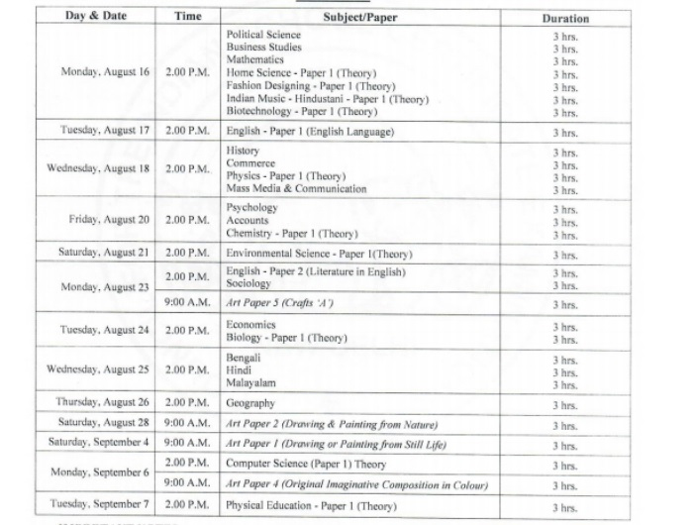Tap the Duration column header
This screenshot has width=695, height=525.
565,18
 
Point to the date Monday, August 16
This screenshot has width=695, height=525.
105,72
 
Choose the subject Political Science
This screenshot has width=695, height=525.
263,35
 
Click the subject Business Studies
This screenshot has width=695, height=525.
263,48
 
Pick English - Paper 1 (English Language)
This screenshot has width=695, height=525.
310,132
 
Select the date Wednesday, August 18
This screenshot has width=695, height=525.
98,168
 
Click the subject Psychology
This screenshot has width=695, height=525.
251,208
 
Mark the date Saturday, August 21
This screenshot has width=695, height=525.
103,253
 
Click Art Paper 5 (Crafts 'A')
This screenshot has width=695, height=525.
279,303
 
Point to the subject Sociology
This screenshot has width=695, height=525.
248,284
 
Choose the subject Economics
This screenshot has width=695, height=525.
250,324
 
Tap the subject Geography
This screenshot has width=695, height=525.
250,403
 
